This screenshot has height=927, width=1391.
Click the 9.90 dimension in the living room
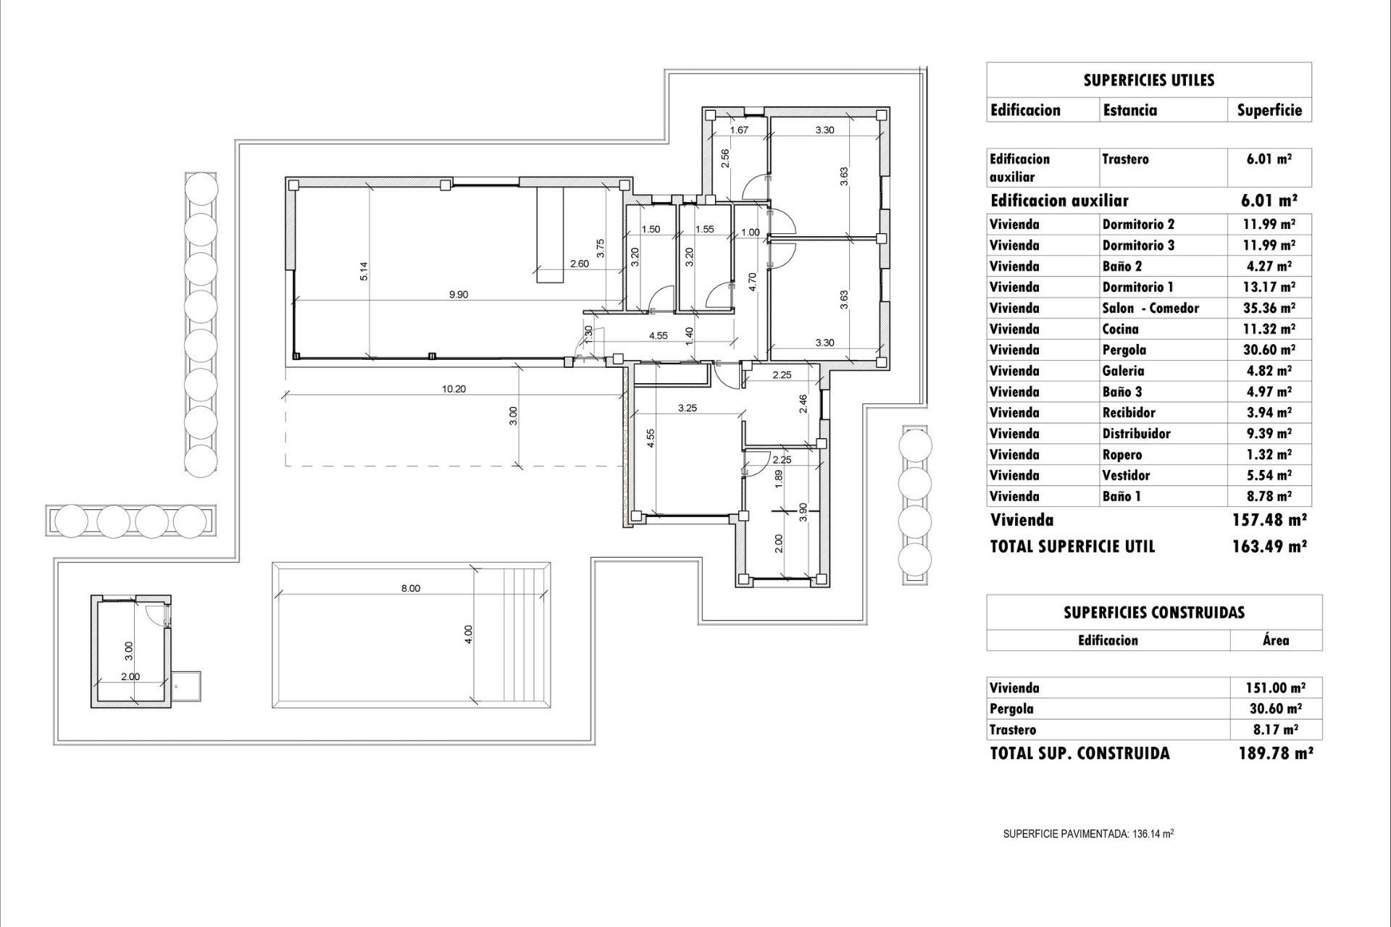[459, 295]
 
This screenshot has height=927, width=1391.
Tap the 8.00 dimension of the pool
[410, 588]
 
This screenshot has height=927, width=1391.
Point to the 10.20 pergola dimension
[454, 389]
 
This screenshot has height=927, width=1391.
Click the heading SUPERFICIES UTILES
[1148, 80]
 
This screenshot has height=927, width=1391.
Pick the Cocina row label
[1120, 329]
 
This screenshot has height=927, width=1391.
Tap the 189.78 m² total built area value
[1275, 753]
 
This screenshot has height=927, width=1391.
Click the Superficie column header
[1269, 110]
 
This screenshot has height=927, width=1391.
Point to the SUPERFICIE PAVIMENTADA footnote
[1087, 834]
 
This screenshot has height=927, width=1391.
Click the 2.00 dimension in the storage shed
[130, 676]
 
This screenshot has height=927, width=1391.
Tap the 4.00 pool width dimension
[469, 634]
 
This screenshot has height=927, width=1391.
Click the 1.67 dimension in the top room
[738, 130]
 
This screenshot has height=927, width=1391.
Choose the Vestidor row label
[1126, 475]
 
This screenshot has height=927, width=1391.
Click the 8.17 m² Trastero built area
[1269, 730]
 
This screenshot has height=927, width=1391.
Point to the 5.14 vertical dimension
[365, 271]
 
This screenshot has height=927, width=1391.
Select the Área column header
[1275, 640]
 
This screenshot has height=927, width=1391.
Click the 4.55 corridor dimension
[658, 336]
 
